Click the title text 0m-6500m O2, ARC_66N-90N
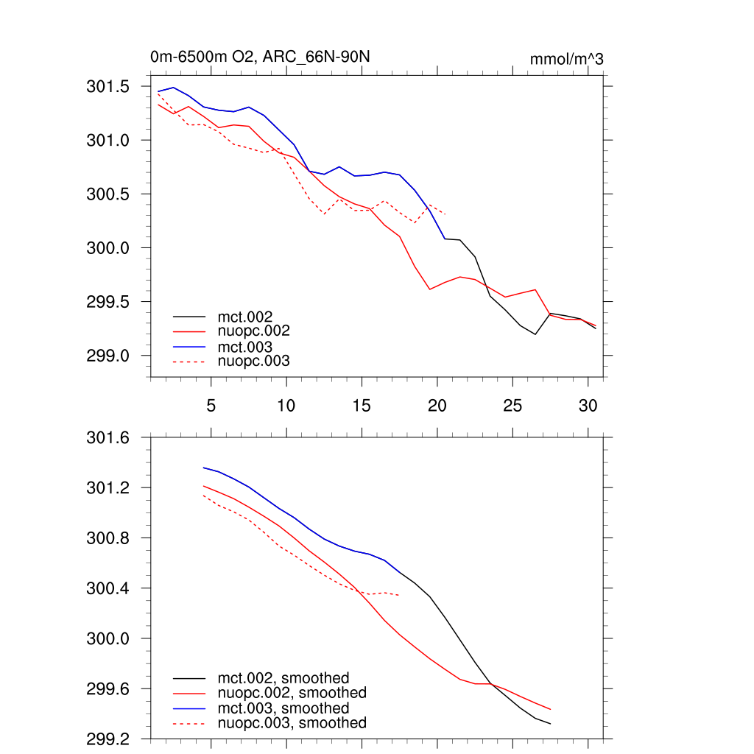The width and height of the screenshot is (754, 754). click(254, 57)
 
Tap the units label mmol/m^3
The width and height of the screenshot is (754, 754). click(566, 59)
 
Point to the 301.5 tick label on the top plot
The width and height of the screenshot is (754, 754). click(108, 87)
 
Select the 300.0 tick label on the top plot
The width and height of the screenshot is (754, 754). click(108, 248)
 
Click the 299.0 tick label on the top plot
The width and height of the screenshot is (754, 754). click(108, 356)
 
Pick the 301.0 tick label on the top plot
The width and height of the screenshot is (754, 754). click(108, 141)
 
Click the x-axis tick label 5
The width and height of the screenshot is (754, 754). click(211, 405)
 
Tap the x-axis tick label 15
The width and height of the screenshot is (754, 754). click(361, 405)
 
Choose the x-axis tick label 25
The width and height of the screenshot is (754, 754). click(512, 405)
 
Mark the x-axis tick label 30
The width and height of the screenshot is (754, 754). click(588, 405)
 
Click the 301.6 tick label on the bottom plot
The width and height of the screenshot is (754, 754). click(108, 439)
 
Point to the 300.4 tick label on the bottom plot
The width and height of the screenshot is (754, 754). click(108, 589)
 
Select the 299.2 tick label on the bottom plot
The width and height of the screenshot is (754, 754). click(108, 739)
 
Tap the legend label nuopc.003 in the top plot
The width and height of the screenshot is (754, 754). click(253, 361)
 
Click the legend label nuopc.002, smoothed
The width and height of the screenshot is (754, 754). click(292, 693)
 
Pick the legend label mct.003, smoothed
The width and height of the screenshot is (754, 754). click(283, 708)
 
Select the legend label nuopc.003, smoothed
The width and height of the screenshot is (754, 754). click(292, 723)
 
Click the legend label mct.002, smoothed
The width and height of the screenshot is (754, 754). click(283, 677)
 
